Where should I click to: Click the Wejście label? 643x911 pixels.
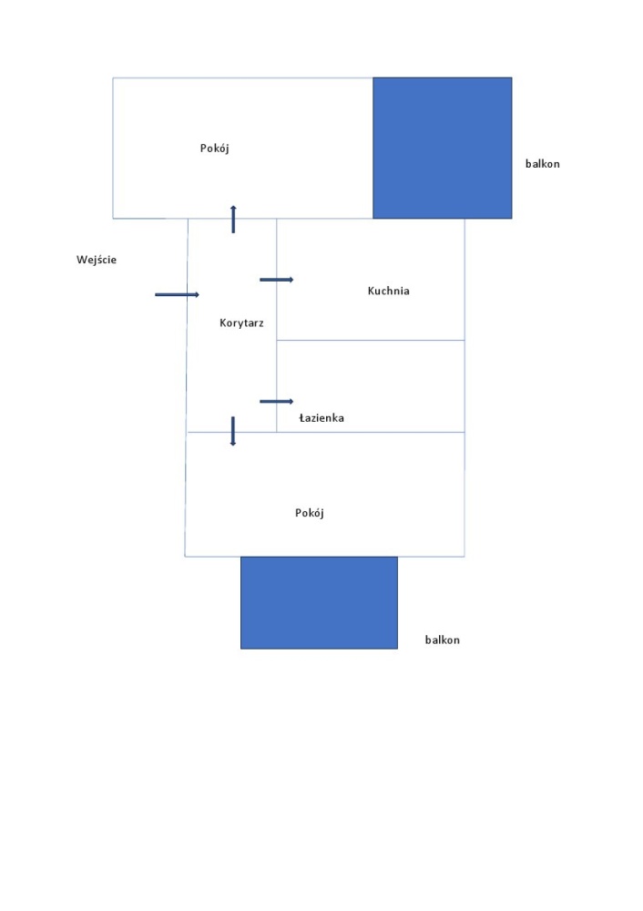click(97, 260)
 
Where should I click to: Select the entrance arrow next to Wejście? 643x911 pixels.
click(178, 294)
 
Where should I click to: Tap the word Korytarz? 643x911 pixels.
click(241, 323)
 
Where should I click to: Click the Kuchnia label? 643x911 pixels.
click(389, 291)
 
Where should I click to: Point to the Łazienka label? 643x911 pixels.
click(321, 418)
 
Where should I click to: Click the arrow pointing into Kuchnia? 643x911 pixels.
click(277, 280)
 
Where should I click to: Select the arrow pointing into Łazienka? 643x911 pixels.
click(277, 402)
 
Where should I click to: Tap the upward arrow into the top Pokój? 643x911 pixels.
click(233, 219)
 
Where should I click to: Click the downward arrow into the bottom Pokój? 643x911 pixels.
click(233, 431)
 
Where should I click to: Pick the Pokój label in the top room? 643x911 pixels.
click(214, 148)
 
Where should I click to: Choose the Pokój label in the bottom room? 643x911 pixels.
click(310, 512)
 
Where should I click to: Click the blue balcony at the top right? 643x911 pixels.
click(443, 148)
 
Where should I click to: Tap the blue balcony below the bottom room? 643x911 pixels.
click(320, 602)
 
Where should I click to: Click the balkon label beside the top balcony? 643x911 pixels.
click(543, 164)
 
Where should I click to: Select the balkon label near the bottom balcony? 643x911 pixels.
click(443, 640)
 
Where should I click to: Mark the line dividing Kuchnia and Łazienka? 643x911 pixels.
click(371, 340)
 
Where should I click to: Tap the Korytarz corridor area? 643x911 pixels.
click(231, 360)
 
